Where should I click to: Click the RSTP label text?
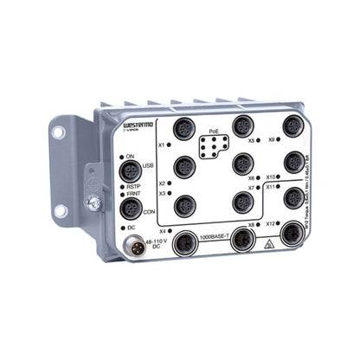point(132,184)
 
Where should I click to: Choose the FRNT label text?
point(132,195)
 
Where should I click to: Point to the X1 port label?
point(162,145)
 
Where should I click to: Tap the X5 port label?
point(250,139)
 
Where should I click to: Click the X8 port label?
point(251,225)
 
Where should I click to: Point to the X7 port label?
point(250,187)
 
